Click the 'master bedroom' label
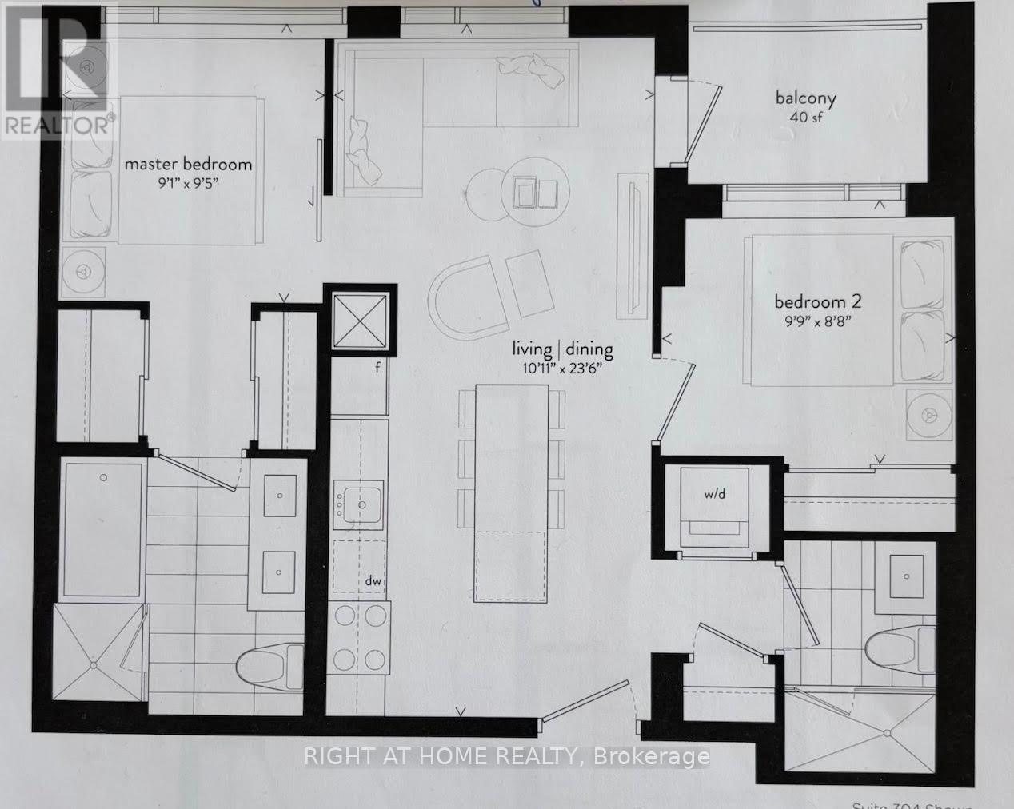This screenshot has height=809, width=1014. click(x=188, y=165)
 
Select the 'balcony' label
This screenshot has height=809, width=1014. click(x=805, y=99)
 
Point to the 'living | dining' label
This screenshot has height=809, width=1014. click(x=563, y=349)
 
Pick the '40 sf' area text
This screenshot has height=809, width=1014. click(x=805, y=118)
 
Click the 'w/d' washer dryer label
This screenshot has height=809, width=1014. click(x=714, y=494)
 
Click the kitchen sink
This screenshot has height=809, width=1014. click(x=360, y=504)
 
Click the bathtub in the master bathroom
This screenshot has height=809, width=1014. click(x=104, y=528)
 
